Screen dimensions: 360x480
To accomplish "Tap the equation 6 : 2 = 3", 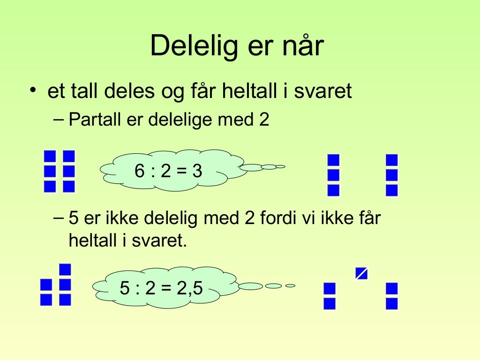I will coord(168,172).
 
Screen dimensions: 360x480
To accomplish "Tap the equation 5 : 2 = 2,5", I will coord(161,288).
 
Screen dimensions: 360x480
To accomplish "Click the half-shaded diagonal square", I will coord(361,273).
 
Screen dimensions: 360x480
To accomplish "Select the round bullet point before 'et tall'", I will coord(32,90).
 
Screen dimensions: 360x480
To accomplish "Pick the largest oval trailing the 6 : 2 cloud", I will coord(251,167).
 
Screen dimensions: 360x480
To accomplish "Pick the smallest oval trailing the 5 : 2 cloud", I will coord(290,285).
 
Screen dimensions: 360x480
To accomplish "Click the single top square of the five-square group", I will coord(65,270).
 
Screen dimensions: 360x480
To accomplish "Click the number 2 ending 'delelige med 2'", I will coord(264,120).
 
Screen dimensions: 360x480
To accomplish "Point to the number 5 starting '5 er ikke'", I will coord(73,218).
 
